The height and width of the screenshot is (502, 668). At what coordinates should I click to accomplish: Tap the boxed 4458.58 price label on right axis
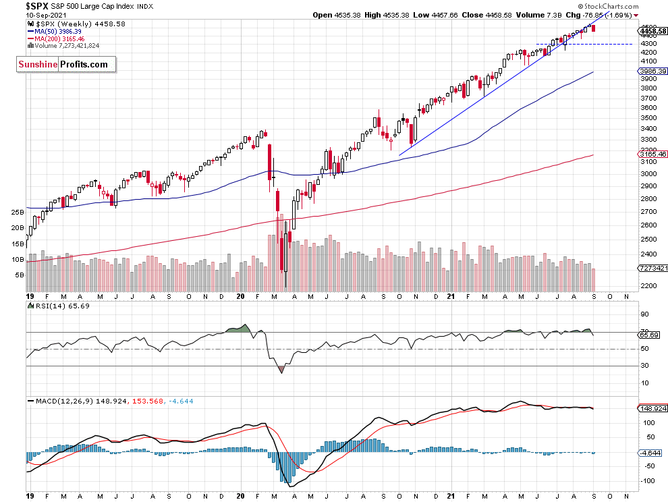pos(652,30)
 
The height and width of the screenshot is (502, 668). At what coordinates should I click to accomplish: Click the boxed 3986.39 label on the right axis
pos(652,71)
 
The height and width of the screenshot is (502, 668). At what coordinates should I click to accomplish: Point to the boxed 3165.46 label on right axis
pos(652,155)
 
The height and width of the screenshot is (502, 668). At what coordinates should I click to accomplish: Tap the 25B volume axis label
pos(18,212)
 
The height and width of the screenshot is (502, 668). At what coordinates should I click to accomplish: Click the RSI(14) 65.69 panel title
pos(60,306)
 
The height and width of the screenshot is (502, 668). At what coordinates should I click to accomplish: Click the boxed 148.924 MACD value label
pos(652,408)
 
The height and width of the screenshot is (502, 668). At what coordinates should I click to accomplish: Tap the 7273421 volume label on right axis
pos(652,268)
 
